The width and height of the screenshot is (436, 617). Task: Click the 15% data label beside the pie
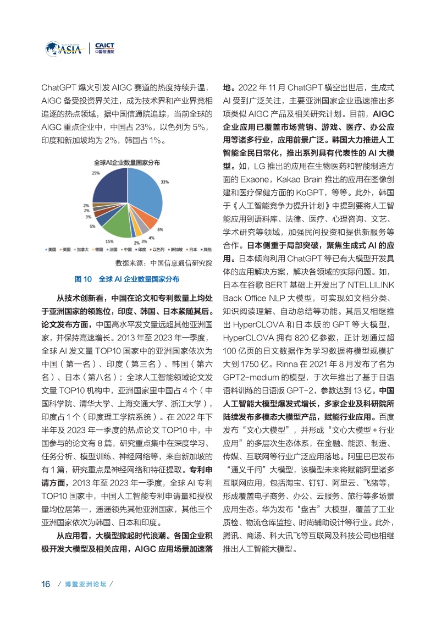(109, 241)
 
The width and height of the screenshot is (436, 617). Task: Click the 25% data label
(96, 173)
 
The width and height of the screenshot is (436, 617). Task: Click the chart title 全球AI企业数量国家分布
(126, 163)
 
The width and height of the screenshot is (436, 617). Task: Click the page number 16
(46, 583)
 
